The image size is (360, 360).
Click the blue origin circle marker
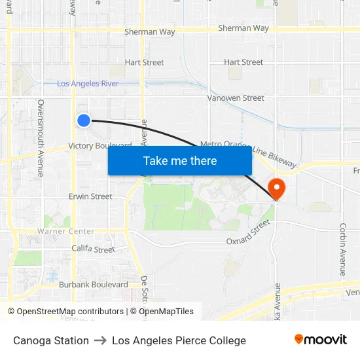(83, 120)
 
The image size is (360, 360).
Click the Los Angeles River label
(88, 84)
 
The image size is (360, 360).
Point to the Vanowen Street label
(236, 98)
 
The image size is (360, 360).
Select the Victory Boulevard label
(99, 146)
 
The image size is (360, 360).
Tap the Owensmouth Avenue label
(41, 137)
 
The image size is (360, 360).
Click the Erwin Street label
(90, 196)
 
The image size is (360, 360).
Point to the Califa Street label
(93, 249)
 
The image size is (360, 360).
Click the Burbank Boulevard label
(93, 285)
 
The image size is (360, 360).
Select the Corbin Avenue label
(342, 249)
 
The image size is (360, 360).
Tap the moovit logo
(320, 339)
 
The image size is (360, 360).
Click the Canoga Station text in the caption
(51, 340)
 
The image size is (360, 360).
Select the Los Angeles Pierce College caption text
(179, 340)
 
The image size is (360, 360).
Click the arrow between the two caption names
(100, 340)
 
